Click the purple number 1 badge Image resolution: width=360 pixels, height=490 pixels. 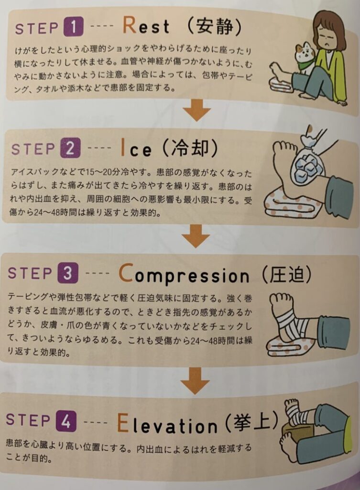coord(73,27)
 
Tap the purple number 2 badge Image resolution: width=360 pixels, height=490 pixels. coord(69,148)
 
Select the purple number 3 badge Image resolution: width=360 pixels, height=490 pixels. coord(67,272)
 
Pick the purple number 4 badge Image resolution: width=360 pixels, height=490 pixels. coord(66,421)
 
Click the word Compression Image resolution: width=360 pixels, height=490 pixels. coord(184,275)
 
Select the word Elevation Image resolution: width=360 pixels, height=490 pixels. coord(167,423)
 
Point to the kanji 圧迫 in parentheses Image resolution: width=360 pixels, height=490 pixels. coord(286,274)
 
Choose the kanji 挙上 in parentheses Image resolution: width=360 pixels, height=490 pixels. coord(251,422)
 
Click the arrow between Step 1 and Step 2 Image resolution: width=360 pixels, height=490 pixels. coord(196,111)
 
